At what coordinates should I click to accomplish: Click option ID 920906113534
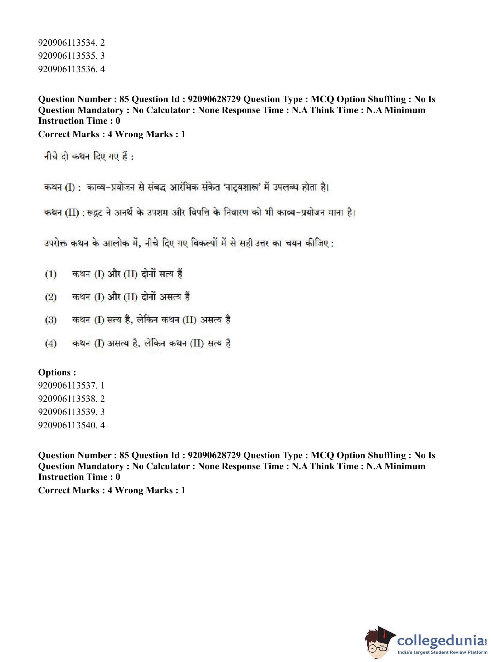pyautogui.click(x=71, y=43)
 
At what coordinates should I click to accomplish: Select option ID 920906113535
pyautogui.click(x=71, y=56)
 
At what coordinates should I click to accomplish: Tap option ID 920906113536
pyautogui.click(x=71, y=70)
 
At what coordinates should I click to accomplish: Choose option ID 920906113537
pyautogui.click(x=71, y=386)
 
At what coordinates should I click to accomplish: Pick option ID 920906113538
pyautogui.click(x=71, y=399)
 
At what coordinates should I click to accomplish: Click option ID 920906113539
pyautogui.click(x=71, y=412)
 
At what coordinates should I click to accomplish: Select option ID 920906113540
pyautogui.click(x=71, y=425)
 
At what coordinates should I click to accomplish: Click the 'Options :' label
pyautogui.click(x=57, y=372)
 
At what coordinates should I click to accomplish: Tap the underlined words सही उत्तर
pyautogui.click(x=254, y=244)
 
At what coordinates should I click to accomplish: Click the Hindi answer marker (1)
pyautogui.click(x=51, y=274)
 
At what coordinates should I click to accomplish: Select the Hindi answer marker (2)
pyautogui.click(x=51, y=297)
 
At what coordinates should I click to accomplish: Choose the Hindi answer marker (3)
pyautogui.click(x=51, y=320)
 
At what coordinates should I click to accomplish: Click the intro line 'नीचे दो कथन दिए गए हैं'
pyautogui.click(x=88, y=157)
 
